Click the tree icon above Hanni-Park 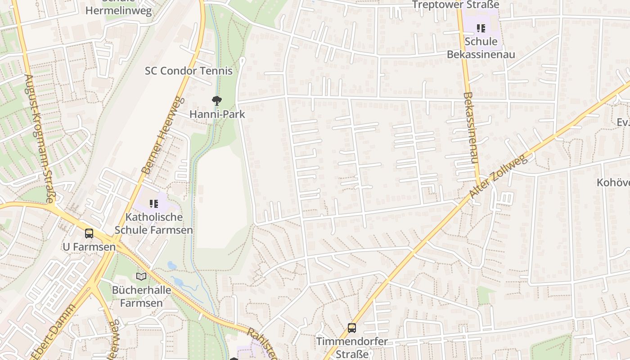[217, 101]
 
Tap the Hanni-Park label [217, 114]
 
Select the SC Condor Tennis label [189, 71]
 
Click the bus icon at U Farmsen [89, 234]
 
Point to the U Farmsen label [89, 247]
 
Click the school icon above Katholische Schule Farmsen [154, 204]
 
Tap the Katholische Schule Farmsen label [154, 223]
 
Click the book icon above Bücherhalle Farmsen [141, 276]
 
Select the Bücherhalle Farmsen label [141, 296]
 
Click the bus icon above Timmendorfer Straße [352, 328]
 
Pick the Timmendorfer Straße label [352, 347]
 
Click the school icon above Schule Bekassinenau [481, 28]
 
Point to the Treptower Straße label [456, 4]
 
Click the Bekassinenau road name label [470, 128]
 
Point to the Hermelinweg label [119, 11]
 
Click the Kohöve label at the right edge [613, 182]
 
